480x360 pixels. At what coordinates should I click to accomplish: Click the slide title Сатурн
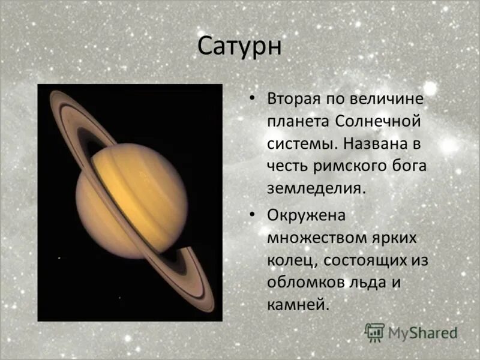[x=239, y=47]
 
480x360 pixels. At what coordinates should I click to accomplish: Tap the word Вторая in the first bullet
[x=294, y=99]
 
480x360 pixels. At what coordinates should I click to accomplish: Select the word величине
[x=386, y=98]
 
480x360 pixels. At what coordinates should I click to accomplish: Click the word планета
[x=298, y=122]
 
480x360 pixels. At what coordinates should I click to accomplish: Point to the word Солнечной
[x=378, y=121]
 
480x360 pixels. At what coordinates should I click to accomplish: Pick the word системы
[x=302, y=144]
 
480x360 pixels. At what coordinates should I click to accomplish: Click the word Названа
[x=376, y=143]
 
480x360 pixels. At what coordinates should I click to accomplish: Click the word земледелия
[x=317, y=188]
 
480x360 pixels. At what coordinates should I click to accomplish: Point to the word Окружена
[x=307, y=215]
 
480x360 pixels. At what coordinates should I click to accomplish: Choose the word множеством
[x=317, y=238]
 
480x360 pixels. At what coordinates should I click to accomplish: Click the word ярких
[x=395, y=238]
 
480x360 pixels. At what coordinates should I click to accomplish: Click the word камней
[x=298, y=305]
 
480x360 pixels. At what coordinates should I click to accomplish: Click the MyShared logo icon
[x=374, y=332]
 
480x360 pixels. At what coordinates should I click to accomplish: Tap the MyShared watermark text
[x=422, y=333]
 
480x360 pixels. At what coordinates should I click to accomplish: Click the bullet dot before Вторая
[x=251, y=98]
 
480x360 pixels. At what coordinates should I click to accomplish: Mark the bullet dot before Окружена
[x=251, y=215]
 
